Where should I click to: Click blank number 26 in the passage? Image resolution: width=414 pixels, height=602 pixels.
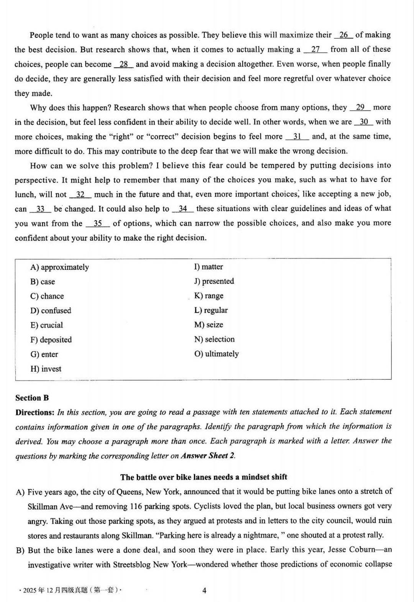tap(343, 35)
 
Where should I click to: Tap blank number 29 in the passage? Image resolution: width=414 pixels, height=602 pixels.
tap(360, 108)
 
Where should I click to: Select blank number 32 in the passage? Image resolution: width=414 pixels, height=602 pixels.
tap(80, 195)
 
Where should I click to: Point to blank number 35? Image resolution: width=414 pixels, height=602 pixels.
tap(98, 223)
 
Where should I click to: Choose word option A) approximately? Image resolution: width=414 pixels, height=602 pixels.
tap(59, 267)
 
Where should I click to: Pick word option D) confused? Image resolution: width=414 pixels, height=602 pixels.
tap(51, 310)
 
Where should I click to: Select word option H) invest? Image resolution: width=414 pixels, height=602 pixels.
tap(46, 369)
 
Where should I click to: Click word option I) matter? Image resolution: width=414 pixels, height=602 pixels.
tap(208, 267)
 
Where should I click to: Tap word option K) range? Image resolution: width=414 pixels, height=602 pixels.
tap(209, 295)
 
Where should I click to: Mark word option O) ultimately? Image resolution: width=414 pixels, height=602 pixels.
tap(216, 354)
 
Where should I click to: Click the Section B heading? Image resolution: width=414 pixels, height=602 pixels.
tap(32, 398)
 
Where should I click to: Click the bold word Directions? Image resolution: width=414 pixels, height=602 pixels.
tap(35, 412)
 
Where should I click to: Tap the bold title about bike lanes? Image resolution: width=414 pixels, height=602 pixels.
tap(204, 477)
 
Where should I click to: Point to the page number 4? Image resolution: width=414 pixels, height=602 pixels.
tap(204, 591)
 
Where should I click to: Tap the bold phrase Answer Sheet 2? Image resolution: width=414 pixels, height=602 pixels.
tap(207, 456)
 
